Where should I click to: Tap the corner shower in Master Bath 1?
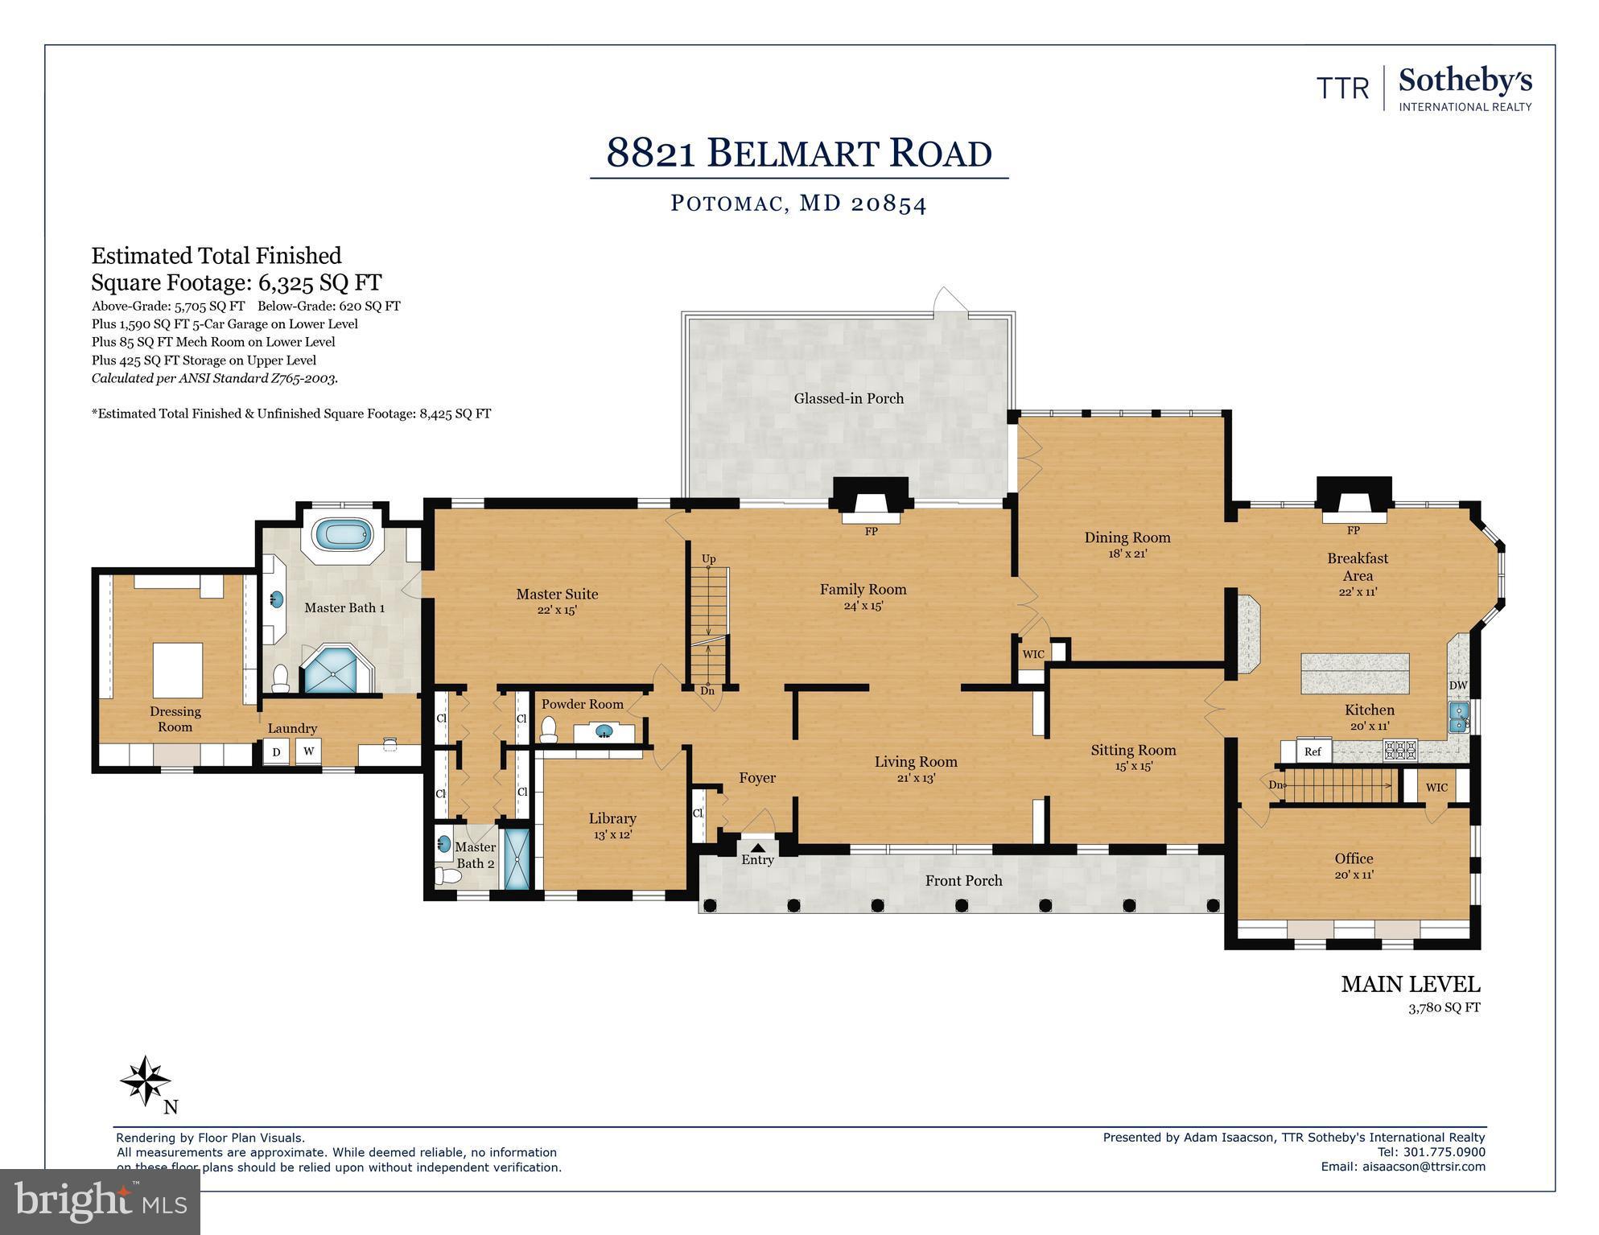[x=336, y=669]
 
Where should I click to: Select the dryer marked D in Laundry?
[x=276, y=752]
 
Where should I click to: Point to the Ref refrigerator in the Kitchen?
[x=1313, y=751]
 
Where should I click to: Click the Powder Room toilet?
[x=549, y=730]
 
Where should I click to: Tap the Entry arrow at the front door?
[x=758, y=846]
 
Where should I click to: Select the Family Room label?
[x=863, y=590]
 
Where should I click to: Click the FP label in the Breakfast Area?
[x=1354, y=530]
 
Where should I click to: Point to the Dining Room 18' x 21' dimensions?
[x=1127, y=554]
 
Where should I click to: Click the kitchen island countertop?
[x=1355, y=673]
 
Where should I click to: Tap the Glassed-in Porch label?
[x=848, y=398]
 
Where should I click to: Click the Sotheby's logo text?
[x=1465, y=82]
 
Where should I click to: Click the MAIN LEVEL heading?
[x=1410, y=984]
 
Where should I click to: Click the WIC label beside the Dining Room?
[x=1033, y=654]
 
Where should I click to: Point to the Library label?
[x=612, y=818]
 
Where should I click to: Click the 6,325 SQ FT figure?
[x=319, y=282]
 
